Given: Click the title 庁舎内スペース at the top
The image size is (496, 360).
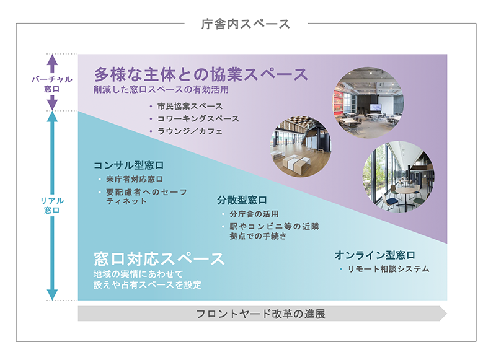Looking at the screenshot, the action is click(x=246, y=24).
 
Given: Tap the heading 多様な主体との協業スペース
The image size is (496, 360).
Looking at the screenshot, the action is click(x=201, y=74).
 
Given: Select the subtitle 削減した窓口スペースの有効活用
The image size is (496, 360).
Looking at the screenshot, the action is click(x=161, y=89).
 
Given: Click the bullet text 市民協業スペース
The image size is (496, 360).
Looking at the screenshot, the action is click(x=190, y=106).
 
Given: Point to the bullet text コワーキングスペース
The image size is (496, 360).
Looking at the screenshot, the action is click(x=198, y=119).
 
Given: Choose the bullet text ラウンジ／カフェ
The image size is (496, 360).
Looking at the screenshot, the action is click(x=190, y=131).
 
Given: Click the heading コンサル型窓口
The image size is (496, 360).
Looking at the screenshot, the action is click(x=128, y=165).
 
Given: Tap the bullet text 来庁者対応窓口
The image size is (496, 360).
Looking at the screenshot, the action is click(x=135, y=179).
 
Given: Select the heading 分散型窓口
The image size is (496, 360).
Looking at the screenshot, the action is click(x=242, y=200).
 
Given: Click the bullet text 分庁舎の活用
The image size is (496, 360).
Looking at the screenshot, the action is click(x=254, y=214).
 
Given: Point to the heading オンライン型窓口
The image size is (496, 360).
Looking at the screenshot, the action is click(x=375, y=255).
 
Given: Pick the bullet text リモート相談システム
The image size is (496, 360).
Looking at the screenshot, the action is click(x=389, y=269).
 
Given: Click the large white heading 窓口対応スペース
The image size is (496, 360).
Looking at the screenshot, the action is click(x=159, y=259).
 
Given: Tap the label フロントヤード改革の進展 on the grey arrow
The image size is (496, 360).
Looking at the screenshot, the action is click(x=260, y=314).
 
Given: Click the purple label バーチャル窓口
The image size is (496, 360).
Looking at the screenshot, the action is click(x=52, y=84).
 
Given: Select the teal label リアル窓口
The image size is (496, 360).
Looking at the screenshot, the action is click(x=52, y=205).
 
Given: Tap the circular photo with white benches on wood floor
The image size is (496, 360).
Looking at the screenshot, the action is click(x=301, y=146).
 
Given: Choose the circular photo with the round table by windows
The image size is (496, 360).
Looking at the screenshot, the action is click(x=398, y=177).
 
